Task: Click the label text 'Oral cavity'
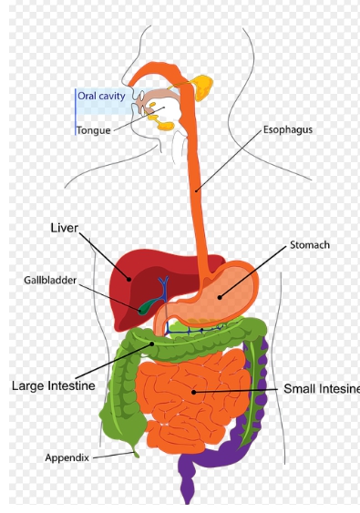coord(101,97)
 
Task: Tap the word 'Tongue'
coord(94,130)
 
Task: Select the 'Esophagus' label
coord(288,130)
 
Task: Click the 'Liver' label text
coord(65,228)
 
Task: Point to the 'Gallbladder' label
coord(50,280)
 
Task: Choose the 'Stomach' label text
coord(310,245)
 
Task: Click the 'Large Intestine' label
coord(54,385)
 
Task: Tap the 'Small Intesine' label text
coord(322,389)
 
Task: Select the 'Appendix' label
coord(67,457)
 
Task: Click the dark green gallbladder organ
coord(147,306)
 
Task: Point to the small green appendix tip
coord(136,453)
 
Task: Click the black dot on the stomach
coord(220,297)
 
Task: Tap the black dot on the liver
coord(129,279)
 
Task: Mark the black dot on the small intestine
coord(194,392)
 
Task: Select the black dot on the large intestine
coord(152,344)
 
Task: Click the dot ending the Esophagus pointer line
coord(196,191)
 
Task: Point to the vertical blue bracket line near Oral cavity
coord(76,111)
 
